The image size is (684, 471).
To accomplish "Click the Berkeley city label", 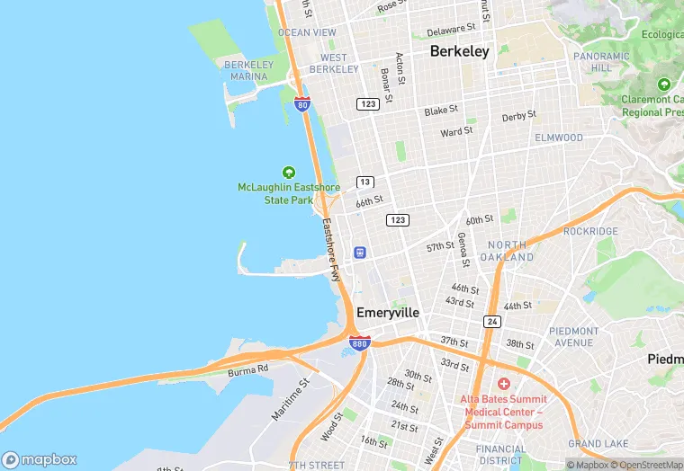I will pos(459,51).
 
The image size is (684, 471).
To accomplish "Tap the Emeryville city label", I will pos(388,313).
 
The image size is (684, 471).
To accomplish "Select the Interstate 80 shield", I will pos(302,104).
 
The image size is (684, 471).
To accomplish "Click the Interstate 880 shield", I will pos(359,342).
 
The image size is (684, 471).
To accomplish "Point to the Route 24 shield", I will pos(491,321).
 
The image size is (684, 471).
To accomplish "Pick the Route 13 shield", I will pos(364,182).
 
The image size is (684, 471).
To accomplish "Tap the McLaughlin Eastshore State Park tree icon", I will pos(289,172).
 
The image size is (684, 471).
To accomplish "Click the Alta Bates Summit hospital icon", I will pos(503,384).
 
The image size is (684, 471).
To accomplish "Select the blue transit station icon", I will pos(360,253).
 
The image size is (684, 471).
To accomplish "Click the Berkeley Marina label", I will pos(248,71).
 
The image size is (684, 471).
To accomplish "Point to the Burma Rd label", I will pos(248,369).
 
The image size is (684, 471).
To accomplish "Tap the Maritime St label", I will pos(291,400).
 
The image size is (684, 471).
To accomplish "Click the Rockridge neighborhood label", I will pos(590,231).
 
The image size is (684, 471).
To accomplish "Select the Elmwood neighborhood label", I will pos(559,138).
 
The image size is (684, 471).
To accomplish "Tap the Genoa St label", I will pos(462,250).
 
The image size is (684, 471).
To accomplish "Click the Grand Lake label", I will pos(598,444).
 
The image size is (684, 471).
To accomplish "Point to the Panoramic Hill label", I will pos(595,61).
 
